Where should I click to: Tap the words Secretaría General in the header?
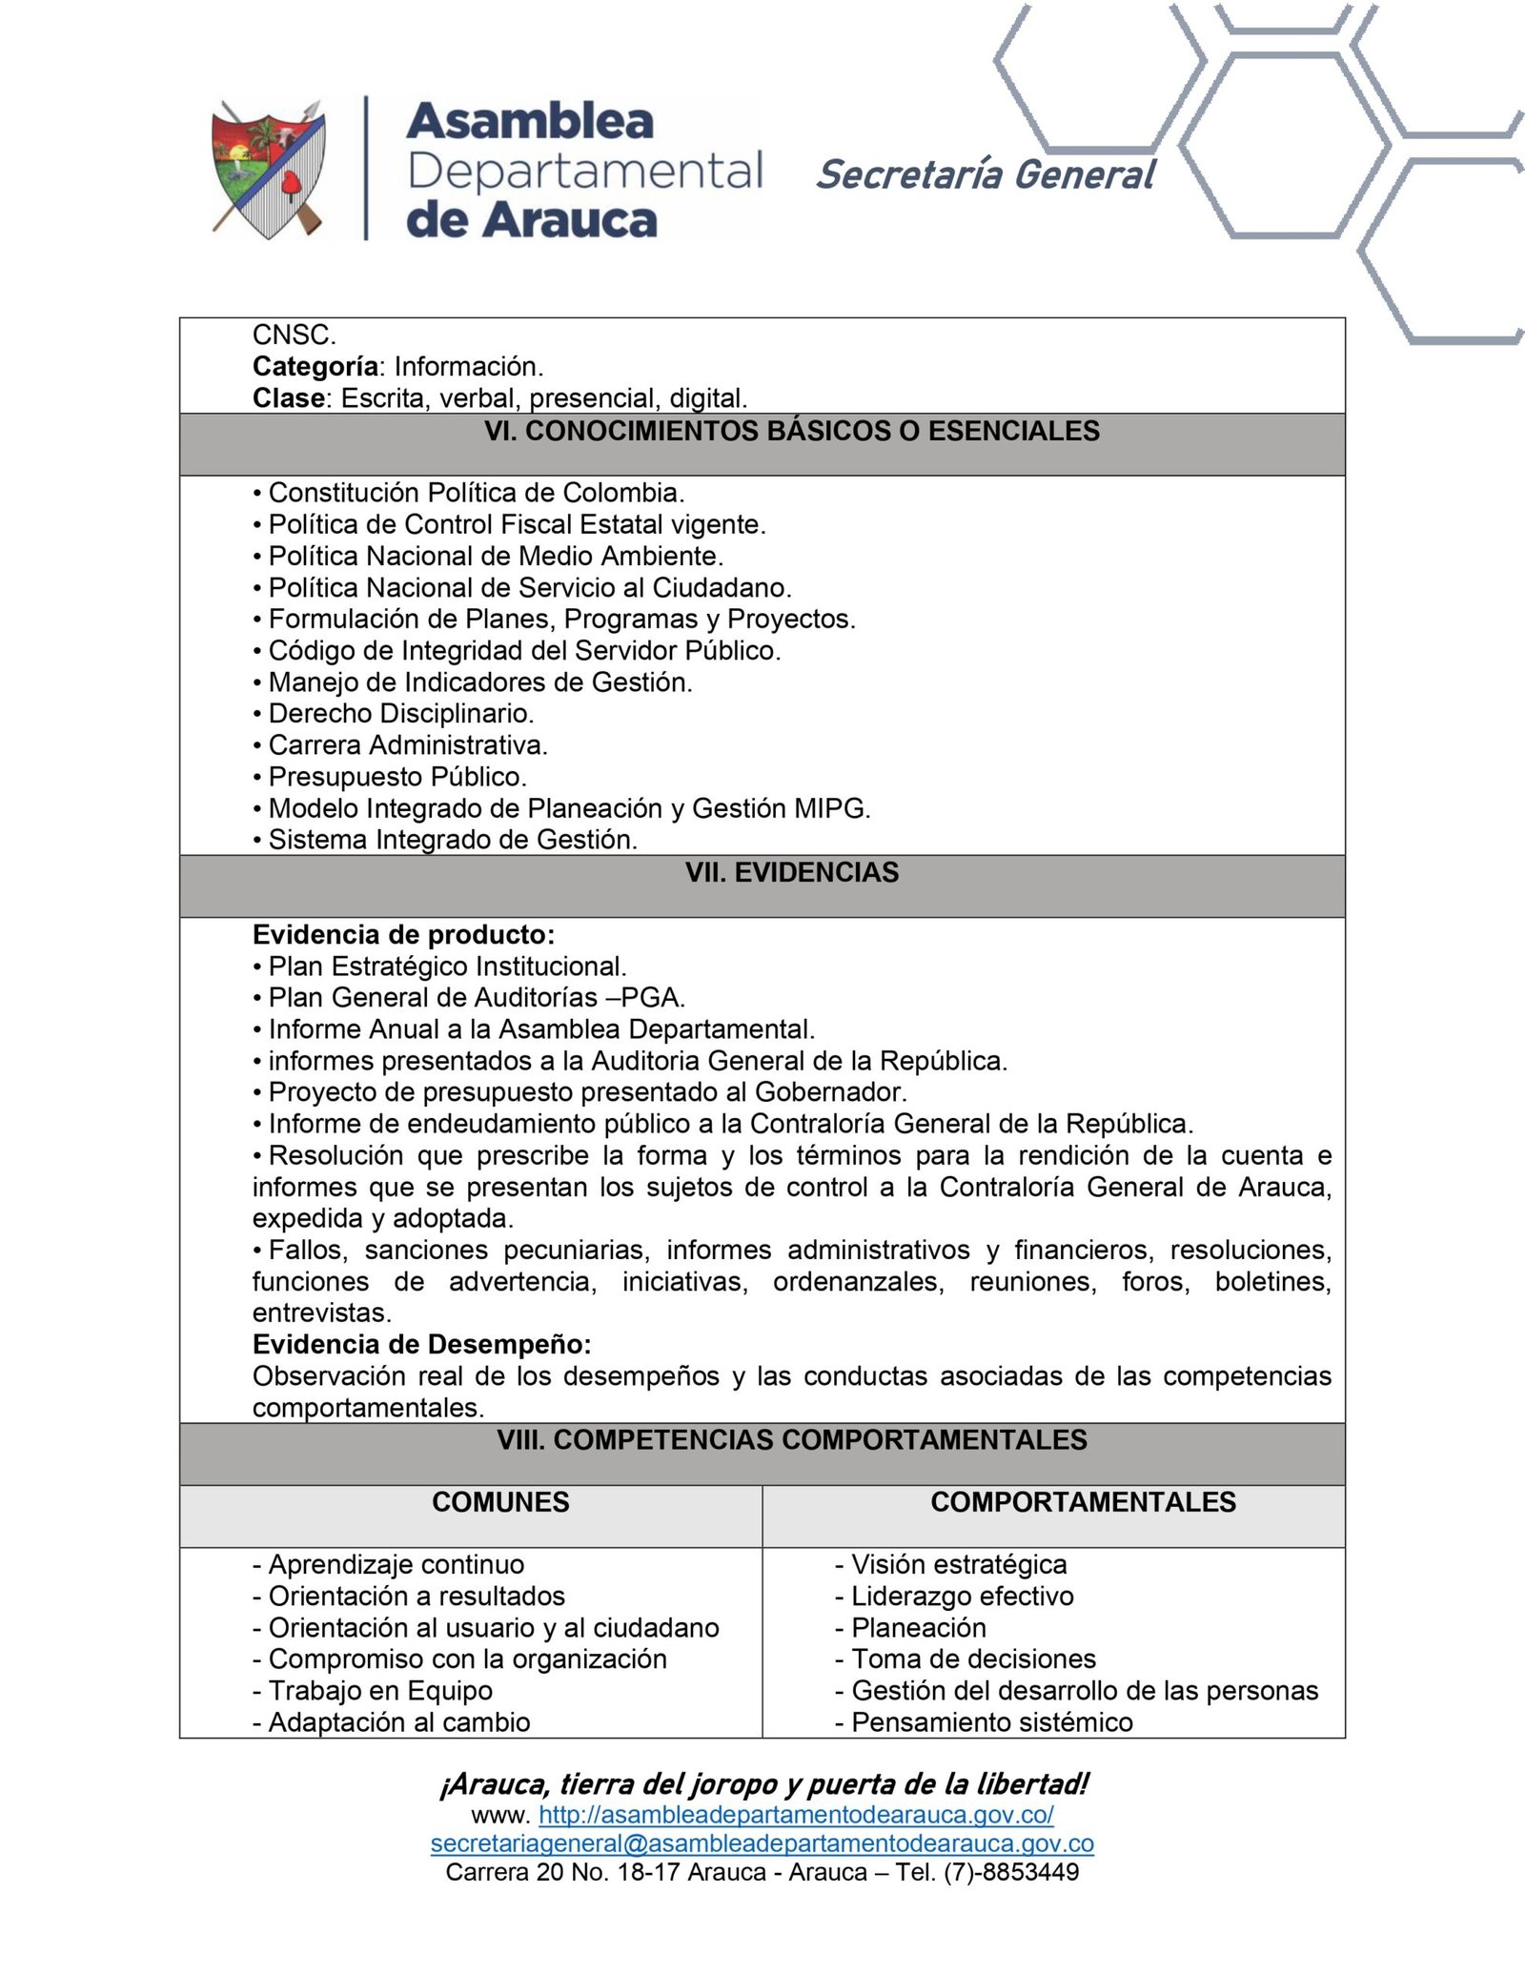coord(985,175)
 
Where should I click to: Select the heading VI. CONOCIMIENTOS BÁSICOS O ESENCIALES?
coord(791,432)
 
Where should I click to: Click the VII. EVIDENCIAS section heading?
coord(791,873)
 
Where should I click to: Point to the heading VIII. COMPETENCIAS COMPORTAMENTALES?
coord(791,1440)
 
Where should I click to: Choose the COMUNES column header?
coord(500,1503)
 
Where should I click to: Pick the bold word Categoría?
coord(315,367)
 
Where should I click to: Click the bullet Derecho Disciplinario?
coord(400,714)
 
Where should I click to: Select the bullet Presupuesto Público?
coord(396,777)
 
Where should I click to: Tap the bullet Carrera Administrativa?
coord(407,745)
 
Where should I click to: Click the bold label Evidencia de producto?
coord(403,935)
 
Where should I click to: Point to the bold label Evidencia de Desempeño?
coord(421,1345)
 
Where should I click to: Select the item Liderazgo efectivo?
coord(962,1597)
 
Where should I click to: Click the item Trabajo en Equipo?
coord(379,1691)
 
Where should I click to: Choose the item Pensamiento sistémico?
coord(991,1722)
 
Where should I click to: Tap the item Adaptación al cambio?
coord(398,1722)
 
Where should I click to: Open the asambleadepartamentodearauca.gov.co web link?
coord(796,1815)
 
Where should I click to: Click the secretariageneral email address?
coord(762,1843)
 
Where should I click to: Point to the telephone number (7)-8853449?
coord(1011,1872)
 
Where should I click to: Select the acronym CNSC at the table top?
coord(294,336)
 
